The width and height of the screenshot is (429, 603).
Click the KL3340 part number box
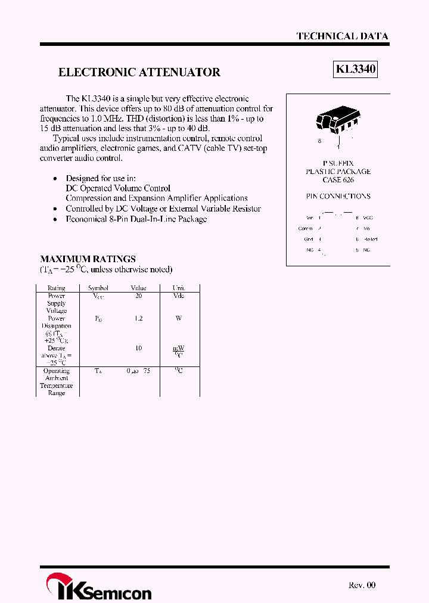coord(356,70)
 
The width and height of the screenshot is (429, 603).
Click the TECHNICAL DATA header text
coord(342,36)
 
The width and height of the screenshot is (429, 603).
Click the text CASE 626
coord(338,179)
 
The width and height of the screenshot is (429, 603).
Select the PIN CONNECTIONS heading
coord(338,196)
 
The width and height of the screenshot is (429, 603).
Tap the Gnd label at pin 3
coord(309,239)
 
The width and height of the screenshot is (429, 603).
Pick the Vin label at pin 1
coord(309,218)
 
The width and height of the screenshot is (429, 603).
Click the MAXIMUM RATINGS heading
coord(88,259)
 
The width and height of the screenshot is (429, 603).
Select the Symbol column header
coord(98,288)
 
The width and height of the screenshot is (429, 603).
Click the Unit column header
coord(178,288)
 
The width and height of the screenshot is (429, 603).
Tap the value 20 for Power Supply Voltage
coord(138,296)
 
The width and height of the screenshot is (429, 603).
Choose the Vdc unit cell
coord(178,296)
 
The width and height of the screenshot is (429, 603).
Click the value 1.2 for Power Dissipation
coord(138,318)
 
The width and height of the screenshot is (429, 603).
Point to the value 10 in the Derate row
coord(138,348)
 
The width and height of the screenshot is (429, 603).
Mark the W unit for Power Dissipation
coord(178,318)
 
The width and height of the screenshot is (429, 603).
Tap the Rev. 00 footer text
coord(362,585)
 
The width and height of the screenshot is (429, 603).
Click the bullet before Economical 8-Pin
coord(55,219)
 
